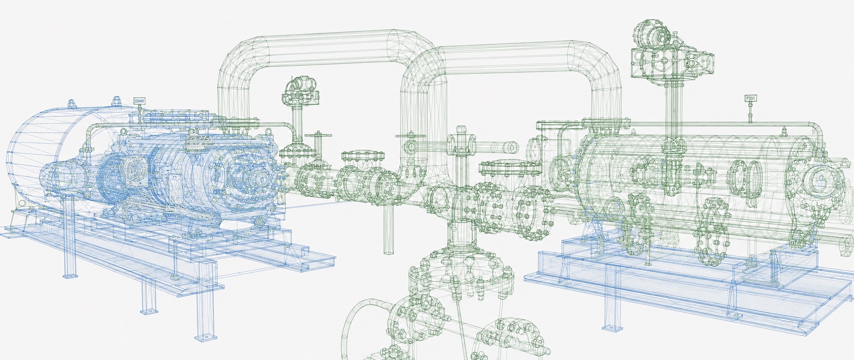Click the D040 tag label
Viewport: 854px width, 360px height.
[139, 101]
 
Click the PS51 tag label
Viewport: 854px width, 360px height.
[750, 98]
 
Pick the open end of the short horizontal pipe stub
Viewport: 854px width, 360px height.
[512, 146]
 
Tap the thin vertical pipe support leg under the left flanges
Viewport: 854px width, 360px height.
[388, 230]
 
